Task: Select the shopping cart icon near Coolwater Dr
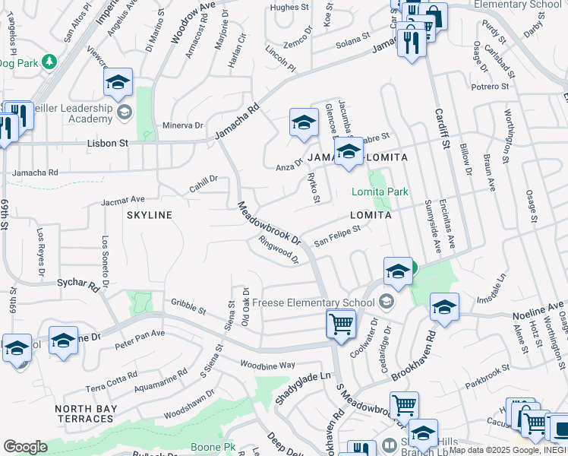pos(341,324)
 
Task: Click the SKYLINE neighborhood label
pos(150,215)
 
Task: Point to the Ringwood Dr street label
pos(279,250)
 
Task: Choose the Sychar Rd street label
pos(78,285)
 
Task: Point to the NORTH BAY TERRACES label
pos(84,413)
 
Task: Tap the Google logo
pos(25,447)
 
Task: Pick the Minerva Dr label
pos(183,125)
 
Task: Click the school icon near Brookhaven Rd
pos(444,308)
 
